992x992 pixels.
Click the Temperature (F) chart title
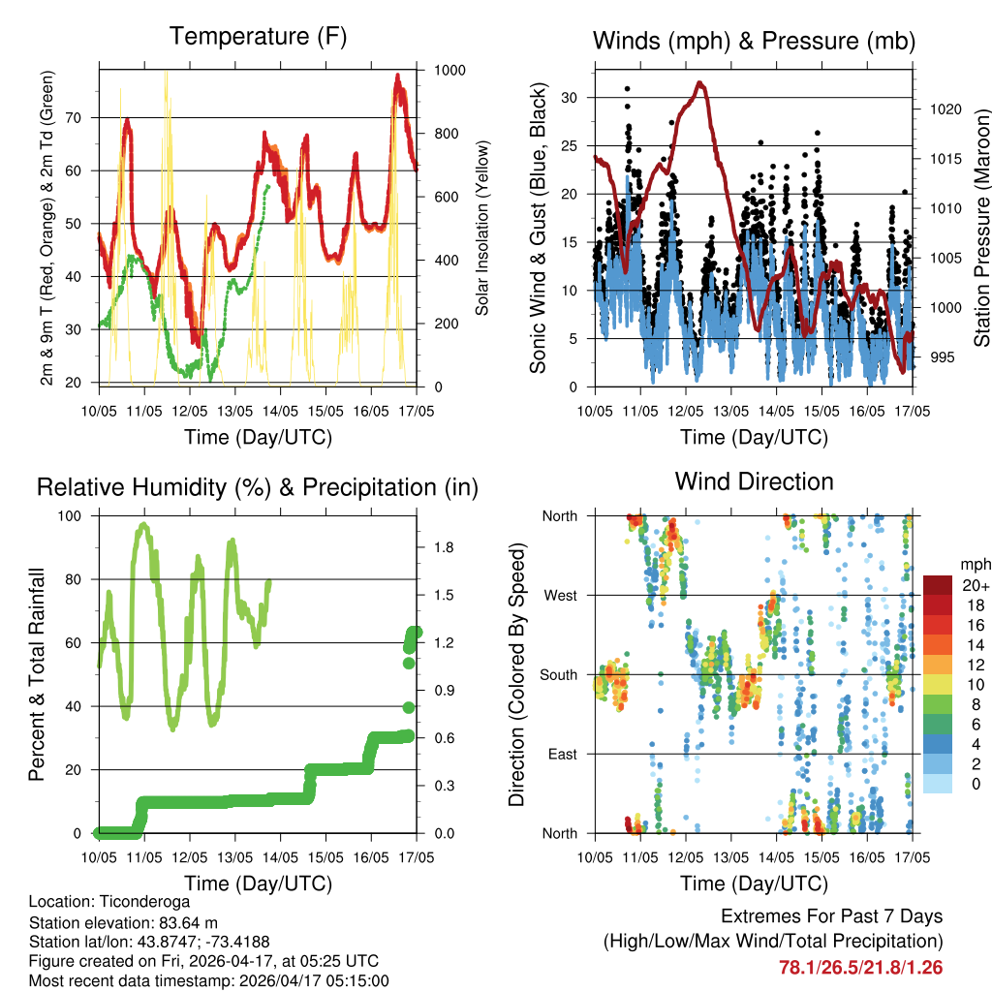[258, 37]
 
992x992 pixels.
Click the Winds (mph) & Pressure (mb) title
[754, 41]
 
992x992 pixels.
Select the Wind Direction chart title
[754, 481]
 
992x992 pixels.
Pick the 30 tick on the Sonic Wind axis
[570, 98]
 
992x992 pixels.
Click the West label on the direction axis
[560, 596]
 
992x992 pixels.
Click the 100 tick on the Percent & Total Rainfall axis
[71, 516]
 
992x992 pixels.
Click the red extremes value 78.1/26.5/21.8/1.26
[860, 968]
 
